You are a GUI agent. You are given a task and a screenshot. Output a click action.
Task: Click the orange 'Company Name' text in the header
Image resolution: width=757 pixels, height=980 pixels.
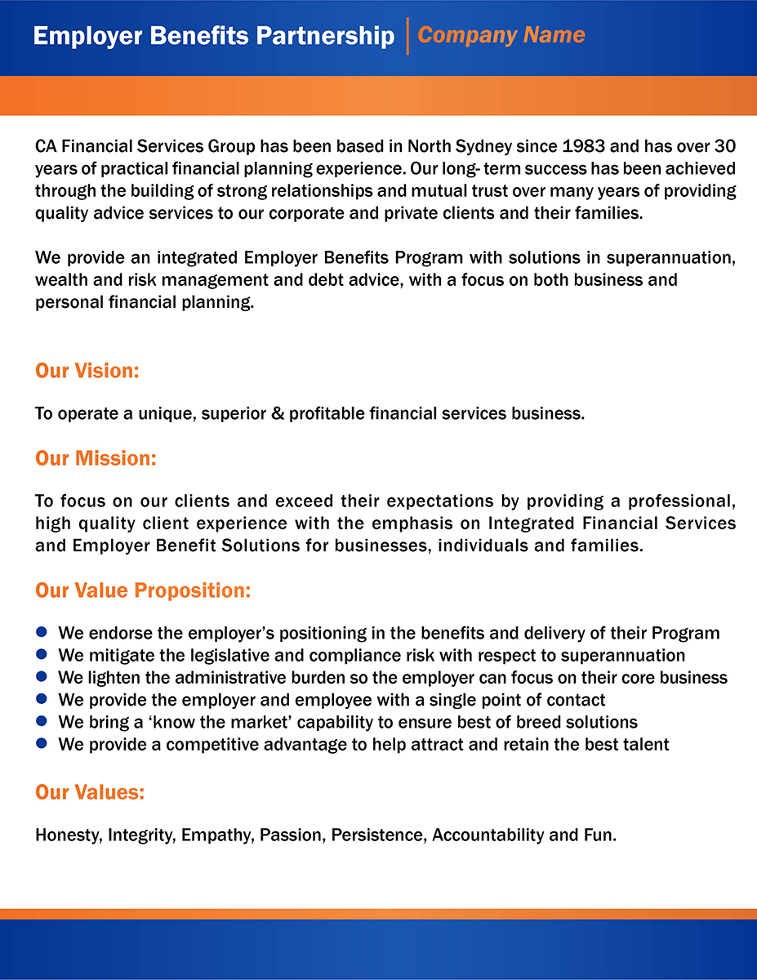[501, 35]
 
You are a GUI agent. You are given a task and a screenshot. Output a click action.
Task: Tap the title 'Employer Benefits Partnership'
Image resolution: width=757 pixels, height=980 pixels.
[214, 36]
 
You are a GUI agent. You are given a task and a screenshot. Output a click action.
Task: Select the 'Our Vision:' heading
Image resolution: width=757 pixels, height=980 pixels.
[87, 371]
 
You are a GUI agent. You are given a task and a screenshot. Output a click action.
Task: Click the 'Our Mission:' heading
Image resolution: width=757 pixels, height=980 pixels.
[96, 458]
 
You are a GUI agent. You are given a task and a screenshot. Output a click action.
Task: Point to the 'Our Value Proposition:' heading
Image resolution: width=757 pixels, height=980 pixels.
[143, 590]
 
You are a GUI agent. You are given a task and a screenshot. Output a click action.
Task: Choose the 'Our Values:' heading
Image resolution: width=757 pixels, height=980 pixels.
[90, 792]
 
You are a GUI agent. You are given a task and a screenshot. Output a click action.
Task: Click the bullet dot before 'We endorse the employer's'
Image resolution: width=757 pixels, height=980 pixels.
[42, 632]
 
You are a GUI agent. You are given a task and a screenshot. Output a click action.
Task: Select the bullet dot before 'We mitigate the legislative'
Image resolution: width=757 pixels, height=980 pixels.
[42, 654]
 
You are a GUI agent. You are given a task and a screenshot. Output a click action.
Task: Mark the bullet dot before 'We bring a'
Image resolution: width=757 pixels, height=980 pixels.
[42, 721]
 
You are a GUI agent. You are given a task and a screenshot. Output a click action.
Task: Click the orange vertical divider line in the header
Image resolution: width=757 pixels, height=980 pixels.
[407, 36]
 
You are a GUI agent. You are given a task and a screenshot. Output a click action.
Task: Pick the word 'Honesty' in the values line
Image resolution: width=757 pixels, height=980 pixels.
[69, 835]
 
